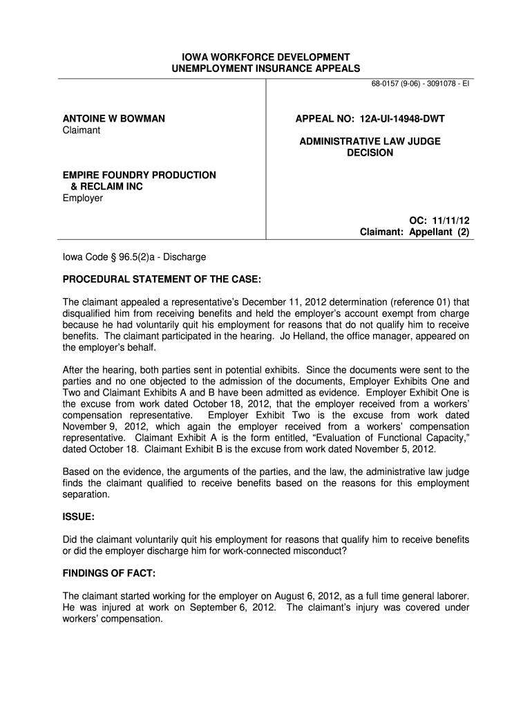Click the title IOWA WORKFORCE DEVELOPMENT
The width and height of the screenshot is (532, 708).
coord(266,57)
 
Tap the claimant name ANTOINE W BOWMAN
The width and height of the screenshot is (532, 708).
coord(114,119)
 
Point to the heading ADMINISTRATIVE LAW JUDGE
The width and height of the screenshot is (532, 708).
coord(370,141)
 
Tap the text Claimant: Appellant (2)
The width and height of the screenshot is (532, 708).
coord(415,232)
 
